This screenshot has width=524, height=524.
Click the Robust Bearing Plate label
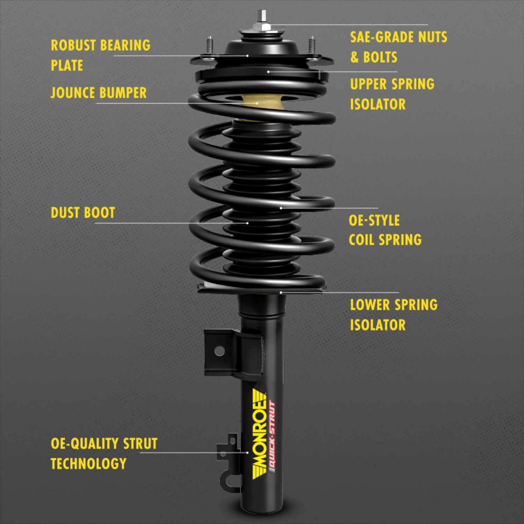coord(101,55)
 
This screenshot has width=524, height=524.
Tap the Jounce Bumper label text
coord(99,93)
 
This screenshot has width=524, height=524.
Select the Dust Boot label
coord(83,213)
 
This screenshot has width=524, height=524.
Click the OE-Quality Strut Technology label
coord(104,453)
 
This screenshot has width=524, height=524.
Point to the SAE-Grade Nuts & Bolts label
coord(398,47)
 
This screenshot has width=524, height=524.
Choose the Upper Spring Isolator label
coord(392,94)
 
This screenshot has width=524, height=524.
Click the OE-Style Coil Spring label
coord(385,230)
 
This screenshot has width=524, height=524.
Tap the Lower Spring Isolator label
coord(394,315)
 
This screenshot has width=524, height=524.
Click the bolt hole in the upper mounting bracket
coord(219,350)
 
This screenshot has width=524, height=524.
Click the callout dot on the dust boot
coord(248,223)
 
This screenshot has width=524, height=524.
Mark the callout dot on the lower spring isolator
coord(281,292)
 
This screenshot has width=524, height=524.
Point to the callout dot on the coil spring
coord(281,208)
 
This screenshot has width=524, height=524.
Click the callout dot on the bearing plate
coord(247,56)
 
